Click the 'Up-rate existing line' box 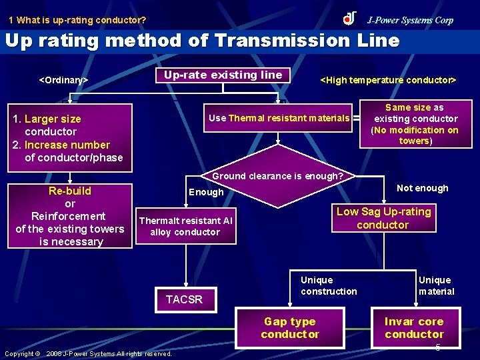(x=223, y=75)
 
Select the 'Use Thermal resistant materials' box (x=279, y=118)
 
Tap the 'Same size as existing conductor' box (x=415, y=124)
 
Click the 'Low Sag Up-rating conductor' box (x=383, y=218)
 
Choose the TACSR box (x=184, y=299)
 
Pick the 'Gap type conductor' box (x=290, y=327)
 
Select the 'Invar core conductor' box (x=414, y=327)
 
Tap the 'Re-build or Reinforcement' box (x=70, y=216)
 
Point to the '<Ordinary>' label (x=63, y=80)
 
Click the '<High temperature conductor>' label (x=389, y=80)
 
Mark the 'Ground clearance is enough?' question (x=277, y=177)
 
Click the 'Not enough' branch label (x=423, y=188)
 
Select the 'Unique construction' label (x=329, y=285)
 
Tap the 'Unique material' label (x=436, y=285)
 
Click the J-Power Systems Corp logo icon (x=349, y=18)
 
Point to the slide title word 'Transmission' (x=286, y=41)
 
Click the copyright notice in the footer (x=88, y=353)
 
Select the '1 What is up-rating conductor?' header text (x=77, y=20)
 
